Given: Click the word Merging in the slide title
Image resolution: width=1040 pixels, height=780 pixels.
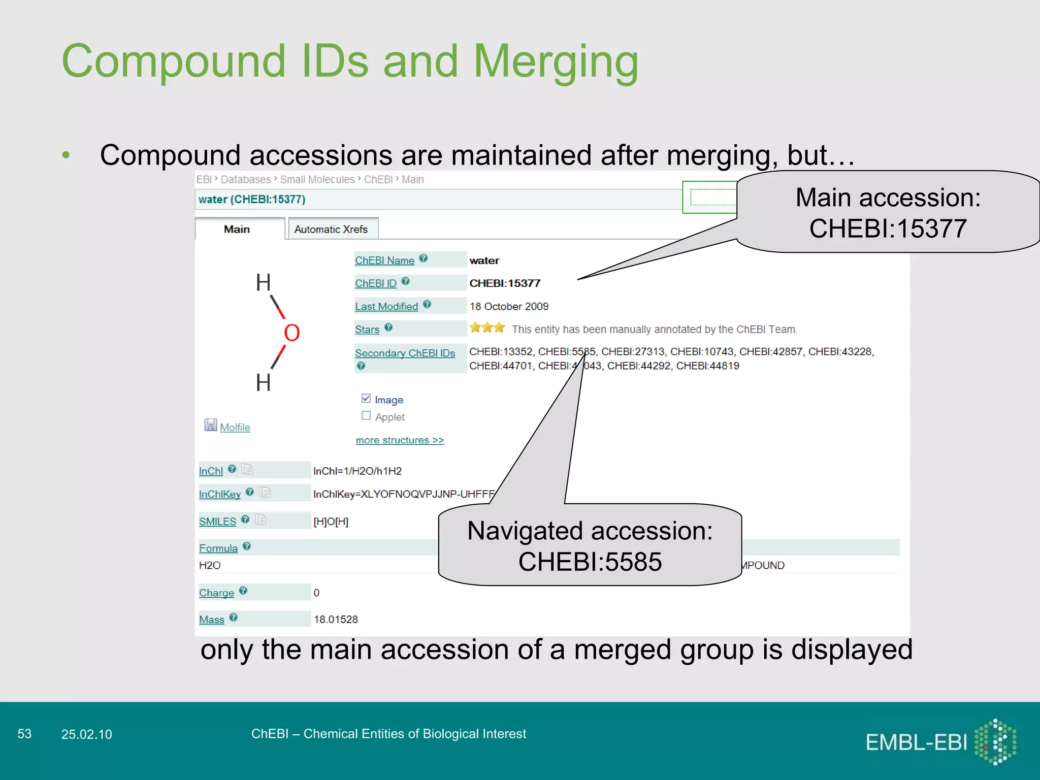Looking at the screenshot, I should point(556,62).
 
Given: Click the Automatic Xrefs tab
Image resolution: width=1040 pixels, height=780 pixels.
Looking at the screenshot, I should point(331,230).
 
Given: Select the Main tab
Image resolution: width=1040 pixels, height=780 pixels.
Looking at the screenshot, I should point(237,230).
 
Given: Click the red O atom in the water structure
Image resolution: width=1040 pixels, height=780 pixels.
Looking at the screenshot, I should point(291,333).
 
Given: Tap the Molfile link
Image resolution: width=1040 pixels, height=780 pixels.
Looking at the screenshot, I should point(235,428).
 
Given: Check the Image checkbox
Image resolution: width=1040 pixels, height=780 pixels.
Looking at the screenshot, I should point(366,399).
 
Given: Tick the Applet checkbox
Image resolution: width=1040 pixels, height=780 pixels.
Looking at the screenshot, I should point(366,416).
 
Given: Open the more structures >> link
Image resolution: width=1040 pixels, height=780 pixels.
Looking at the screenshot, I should point(400,440).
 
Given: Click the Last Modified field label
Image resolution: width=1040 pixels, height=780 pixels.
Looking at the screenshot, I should point(386,307).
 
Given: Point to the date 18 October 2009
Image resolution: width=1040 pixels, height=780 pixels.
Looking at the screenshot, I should point(509,307).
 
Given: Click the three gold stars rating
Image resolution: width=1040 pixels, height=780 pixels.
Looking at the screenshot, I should point(486,328).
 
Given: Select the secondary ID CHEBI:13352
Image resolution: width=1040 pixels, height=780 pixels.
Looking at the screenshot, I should point(501,352).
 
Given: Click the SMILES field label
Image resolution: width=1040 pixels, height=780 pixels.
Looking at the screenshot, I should point(217,522).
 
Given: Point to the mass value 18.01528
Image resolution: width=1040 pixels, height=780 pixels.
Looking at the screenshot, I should point(336,620).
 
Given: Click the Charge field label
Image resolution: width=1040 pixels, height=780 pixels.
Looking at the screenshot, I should point(216,593).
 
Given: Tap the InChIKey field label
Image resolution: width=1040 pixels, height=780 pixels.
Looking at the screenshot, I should point(219,494).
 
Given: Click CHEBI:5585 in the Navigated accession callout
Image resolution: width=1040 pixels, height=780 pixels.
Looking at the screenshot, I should point(590,562).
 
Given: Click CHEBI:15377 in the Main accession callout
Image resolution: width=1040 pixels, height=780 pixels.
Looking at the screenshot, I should point(888,229).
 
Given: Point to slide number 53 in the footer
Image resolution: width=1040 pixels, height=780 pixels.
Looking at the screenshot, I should point(24,734).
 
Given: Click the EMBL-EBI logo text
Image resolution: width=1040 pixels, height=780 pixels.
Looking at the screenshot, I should point(916,743).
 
